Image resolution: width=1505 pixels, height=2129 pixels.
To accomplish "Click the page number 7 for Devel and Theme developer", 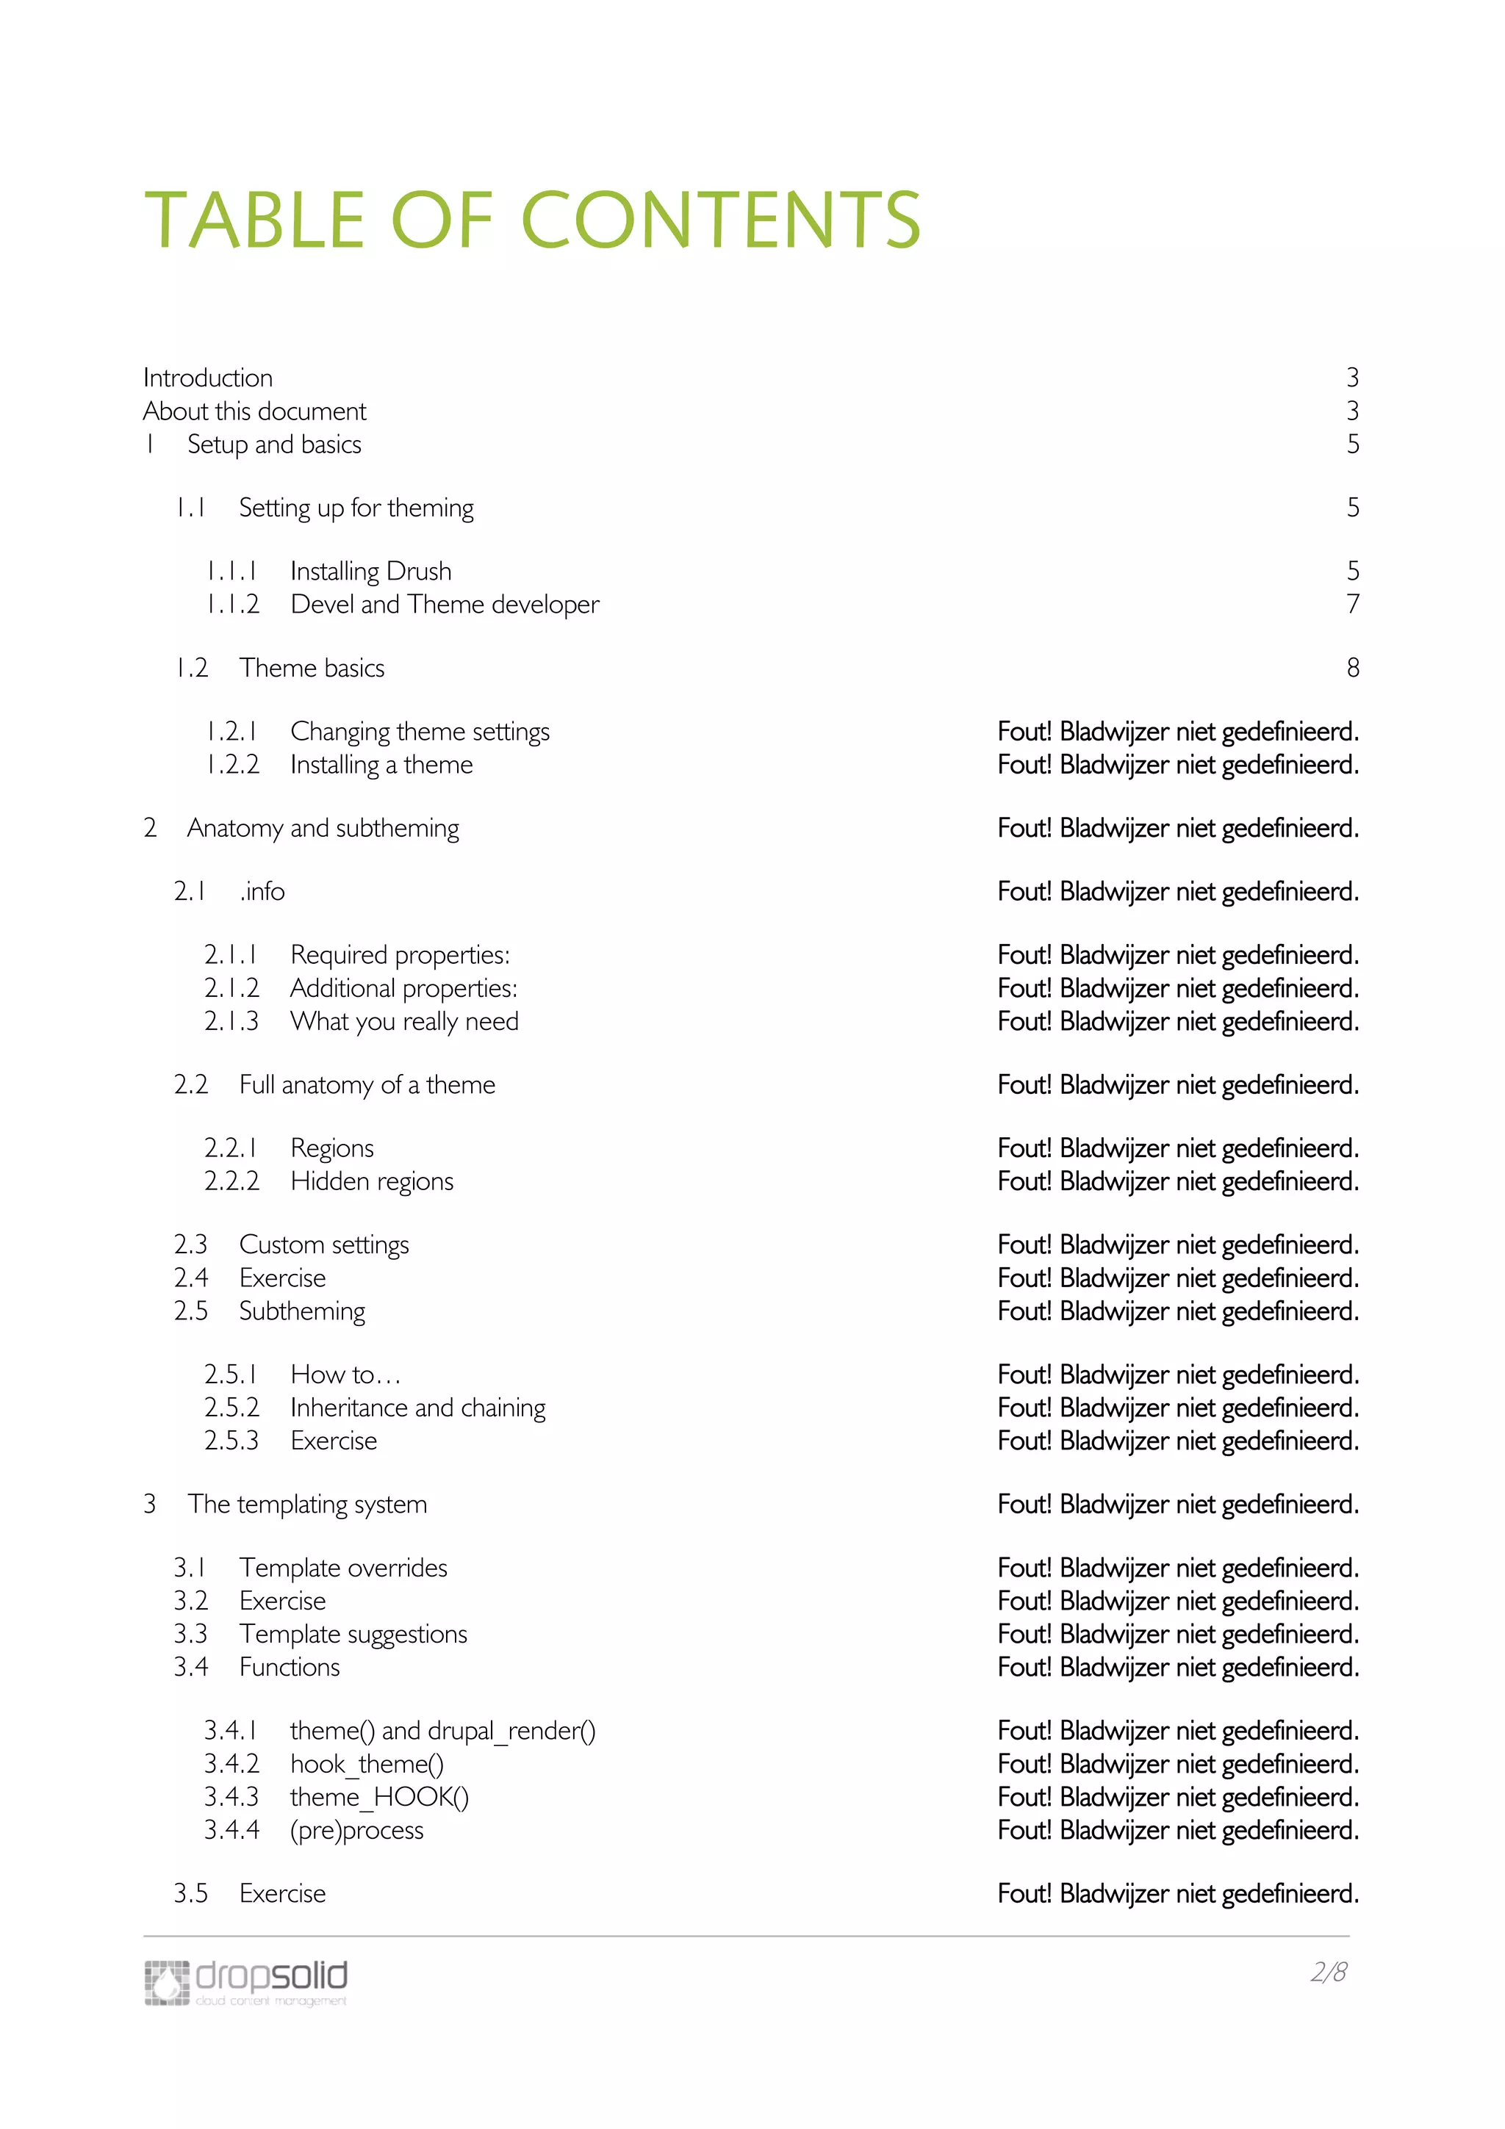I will tap(1352, 605).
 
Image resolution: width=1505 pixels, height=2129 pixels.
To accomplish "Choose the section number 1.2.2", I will tap(231, 765).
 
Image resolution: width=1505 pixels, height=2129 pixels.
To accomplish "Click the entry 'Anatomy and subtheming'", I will tap(323, 828).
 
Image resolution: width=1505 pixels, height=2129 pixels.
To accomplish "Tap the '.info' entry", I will tap(262, 892).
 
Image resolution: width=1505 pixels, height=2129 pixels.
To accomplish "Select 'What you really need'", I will tap(404, 1022).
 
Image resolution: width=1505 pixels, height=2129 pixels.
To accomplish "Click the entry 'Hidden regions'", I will tap(372, 1181).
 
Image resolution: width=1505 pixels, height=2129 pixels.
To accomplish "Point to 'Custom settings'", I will tap(323, 1244).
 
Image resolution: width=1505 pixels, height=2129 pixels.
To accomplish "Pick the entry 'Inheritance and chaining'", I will tap(417, 1408).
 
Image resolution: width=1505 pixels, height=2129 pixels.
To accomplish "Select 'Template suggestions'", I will tap(353, 1634).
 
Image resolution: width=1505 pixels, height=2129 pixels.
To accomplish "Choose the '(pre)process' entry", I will tap(356, 1831).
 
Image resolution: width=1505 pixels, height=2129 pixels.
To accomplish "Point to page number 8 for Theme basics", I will tap(1352, 668).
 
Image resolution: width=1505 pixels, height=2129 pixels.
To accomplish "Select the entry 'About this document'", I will tap(254, 411).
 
